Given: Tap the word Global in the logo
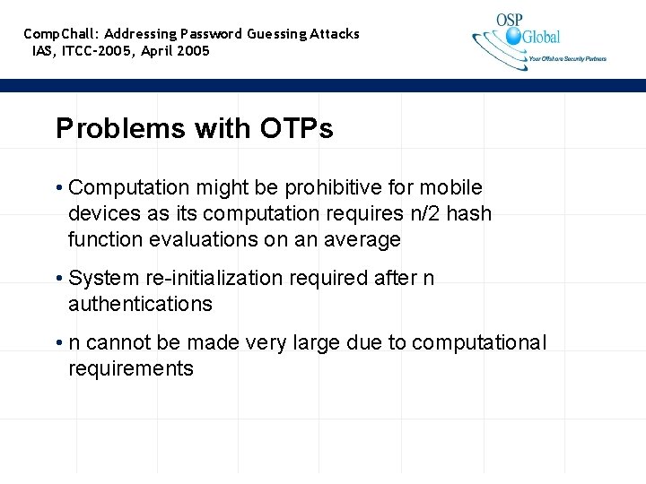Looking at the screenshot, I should click(541, 37).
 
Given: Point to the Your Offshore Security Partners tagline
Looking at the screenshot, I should click(567, 59).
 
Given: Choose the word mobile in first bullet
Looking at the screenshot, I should click(452, 188).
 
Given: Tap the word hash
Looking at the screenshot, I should click(472, 214).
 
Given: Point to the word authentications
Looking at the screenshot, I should click(140, 305).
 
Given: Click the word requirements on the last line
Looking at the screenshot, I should click(131, 369).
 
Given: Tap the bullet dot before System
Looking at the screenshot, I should click(58, 279).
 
